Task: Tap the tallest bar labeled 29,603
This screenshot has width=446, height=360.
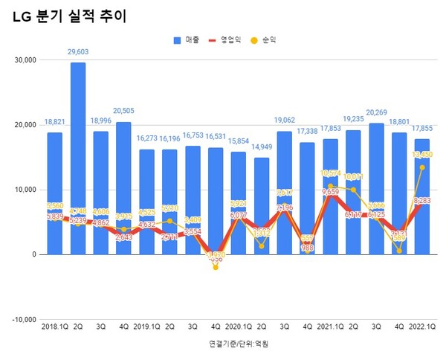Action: (x=78, y=149)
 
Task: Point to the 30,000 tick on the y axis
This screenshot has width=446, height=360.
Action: (x=26, y=60)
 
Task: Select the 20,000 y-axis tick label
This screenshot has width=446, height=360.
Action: (x=26, y=125)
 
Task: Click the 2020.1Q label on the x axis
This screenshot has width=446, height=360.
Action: (x=239, y=327)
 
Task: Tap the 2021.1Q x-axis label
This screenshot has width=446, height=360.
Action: (x=330, y=327)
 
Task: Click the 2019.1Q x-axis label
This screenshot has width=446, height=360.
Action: (x=147, y=327)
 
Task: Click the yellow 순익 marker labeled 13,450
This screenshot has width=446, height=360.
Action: (x=422, y=167)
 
